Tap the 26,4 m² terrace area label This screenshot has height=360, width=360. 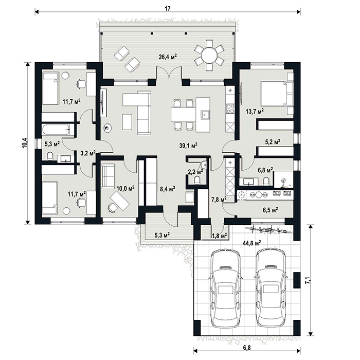pyautogui.click(x=168, y=57)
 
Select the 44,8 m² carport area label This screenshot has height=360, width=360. pyautogui.click(x=251, y=243)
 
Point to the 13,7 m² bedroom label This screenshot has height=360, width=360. pyautogui.click(x=255, y=112)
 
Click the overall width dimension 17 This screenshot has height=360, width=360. pyautogui.click(x=168, y=9)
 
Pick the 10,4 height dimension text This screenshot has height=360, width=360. pyautogui.click(x=25, y=143)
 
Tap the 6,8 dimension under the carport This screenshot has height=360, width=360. pyautogui.click(x=246, y=348)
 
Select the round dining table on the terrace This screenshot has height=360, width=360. pyautogui.click(x=209, y=55)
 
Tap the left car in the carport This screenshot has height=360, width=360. pyautogui.click(x=225, y=288)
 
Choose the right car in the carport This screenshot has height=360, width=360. pyautogui.click(x=271, y=288)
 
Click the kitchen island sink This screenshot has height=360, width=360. pyautogui.click(x=205, y=115)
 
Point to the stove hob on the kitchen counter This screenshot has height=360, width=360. pyautogui.click(x=230, y=109)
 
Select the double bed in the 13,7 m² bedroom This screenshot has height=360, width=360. pyautogui.click(x=277, y=94)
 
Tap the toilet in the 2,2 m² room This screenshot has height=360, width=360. pyautogui.click(x=197, y=181)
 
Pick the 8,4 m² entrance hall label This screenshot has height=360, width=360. pyautogui.click(x=167, y=189)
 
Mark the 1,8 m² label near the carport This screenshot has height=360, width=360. pyautogui.click(x=219, y=235)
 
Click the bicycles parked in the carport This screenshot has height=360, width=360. pyautogui.click(x=268, y=230)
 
